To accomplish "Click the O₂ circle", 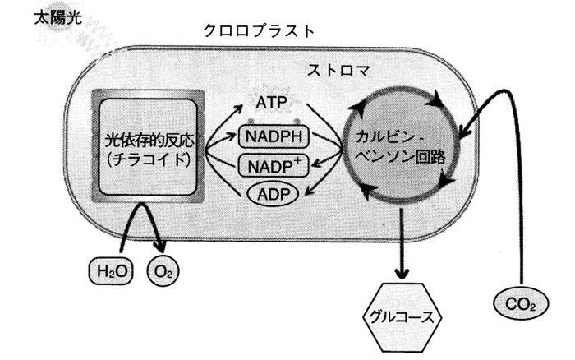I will [162, 268].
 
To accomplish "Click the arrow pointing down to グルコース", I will [402, 247].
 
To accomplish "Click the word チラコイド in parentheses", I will [148, 159].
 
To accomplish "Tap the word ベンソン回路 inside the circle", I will [401, 156].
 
